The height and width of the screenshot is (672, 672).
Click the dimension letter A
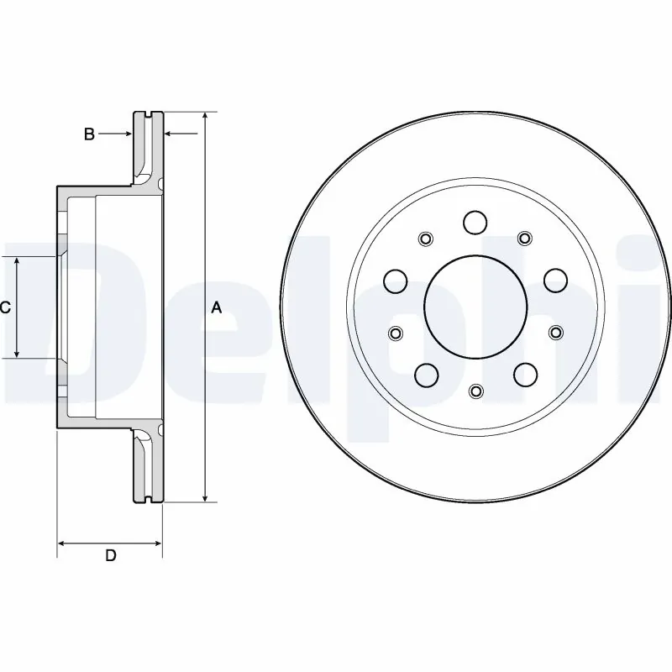point(216,308)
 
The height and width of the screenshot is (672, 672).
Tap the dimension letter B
point(89,134)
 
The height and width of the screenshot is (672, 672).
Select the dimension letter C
point(5,308)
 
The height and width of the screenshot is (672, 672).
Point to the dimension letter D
point(110,555)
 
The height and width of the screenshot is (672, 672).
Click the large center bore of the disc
point(475,306)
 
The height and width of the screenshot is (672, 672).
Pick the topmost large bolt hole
point(475,223)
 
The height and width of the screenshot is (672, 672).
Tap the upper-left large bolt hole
point(395,279)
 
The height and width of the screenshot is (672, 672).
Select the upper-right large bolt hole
point(555,279)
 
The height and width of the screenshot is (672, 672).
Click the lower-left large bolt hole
point(425,373)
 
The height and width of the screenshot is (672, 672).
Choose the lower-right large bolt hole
point(526,373)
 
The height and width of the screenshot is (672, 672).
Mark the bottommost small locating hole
point(475,391)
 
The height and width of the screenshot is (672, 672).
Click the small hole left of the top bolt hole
point(425,239)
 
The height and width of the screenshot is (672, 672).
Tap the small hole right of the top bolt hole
point(526,239)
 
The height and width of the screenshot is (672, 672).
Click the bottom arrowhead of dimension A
point(204,497)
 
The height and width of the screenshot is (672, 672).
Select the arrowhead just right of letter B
point(168,134)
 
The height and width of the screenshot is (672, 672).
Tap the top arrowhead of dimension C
point(18,263)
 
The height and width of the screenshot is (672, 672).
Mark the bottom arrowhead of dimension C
point(18,354)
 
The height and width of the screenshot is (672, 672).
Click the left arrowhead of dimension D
point(62,544)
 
